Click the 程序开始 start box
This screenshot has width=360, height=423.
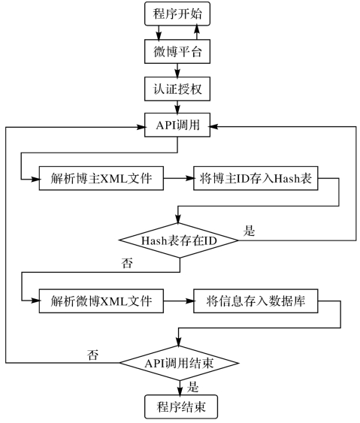[x=177, y=14]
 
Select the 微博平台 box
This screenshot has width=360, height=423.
[x=177, y=52]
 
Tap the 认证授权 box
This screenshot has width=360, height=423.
[x=177, y=89]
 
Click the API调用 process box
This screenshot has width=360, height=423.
[x=177, y=125]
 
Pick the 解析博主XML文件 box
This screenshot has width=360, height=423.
[x=101, y=178]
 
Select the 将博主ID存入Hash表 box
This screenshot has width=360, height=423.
[x=256, y=178]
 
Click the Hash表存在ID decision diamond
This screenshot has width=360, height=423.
[x=179, y=240]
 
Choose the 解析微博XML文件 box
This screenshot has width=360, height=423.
[x=101, y=301]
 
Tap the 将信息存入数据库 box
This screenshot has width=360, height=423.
[x=256, y=301]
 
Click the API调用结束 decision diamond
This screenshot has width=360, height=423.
[x=179, y=363]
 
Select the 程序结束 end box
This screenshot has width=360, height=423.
[x=181, y=406]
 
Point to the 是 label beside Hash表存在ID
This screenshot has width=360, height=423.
[x=249, y=231]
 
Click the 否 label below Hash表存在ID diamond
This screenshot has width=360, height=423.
[x=127, y=263]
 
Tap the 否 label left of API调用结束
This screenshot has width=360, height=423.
[x=92, y=355]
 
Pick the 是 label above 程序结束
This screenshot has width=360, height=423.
[x=192, y=387]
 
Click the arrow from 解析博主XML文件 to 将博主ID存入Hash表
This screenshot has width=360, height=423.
[x=178, y=178]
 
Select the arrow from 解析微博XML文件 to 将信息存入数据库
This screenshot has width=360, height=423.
[x=178, y=301]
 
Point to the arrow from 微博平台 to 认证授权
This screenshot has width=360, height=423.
[x=177, y=71]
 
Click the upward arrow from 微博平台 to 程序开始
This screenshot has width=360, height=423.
[x=197, y=32]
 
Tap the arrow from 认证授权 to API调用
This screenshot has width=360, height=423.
[x=177, y=107]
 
